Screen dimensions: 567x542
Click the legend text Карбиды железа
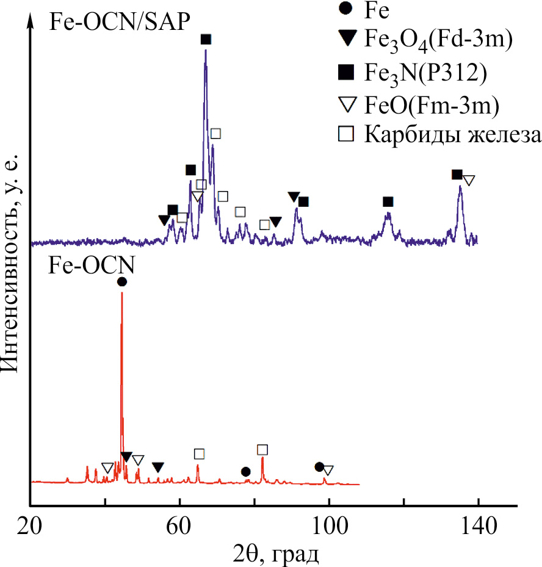(x=452, y=135)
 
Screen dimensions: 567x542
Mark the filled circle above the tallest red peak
(x=122, y=281)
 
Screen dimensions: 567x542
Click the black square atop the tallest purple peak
(x=206, y=40)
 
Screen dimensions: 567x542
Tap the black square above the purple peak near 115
(x=388, y=202)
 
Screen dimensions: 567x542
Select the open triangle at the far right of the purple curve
(x=468, y=181)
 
